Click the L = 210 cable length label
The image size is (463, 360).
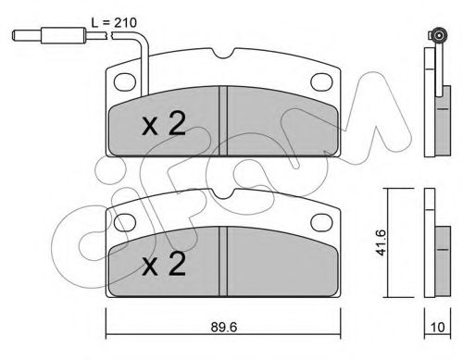tap(114, 22)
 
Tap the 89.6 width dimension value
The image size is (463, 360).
tap(224, 328)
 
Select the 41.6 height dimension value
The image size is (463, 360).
tap(381, 242)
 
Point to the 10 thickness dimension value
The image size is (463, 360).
tap(437, 327)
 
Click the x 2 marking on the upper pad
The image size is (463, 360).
tap(164, 124)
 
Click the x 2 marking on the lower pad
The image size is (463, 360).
tap(164, 264)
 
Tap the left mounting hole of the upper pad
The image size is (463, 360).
tap(125, 82)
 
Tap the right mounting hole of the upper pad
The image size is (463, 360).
tap(321, 82)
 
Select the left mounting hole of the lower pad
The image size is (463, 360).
tap(125, 223)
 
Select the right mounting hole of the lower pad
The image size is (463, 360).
tap(321, 223)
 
